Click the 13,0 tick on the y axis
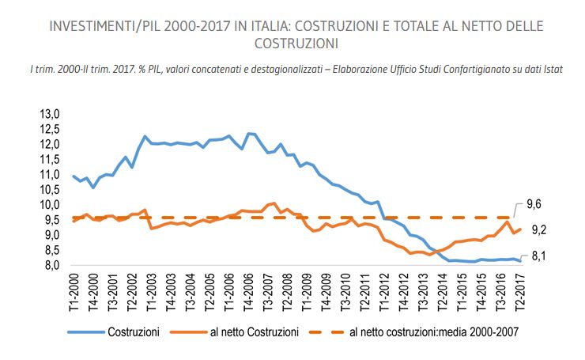click(50, 114)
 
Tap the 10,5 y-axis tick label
click(50, 190)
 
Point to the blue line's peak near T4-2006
click(249, 133)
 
